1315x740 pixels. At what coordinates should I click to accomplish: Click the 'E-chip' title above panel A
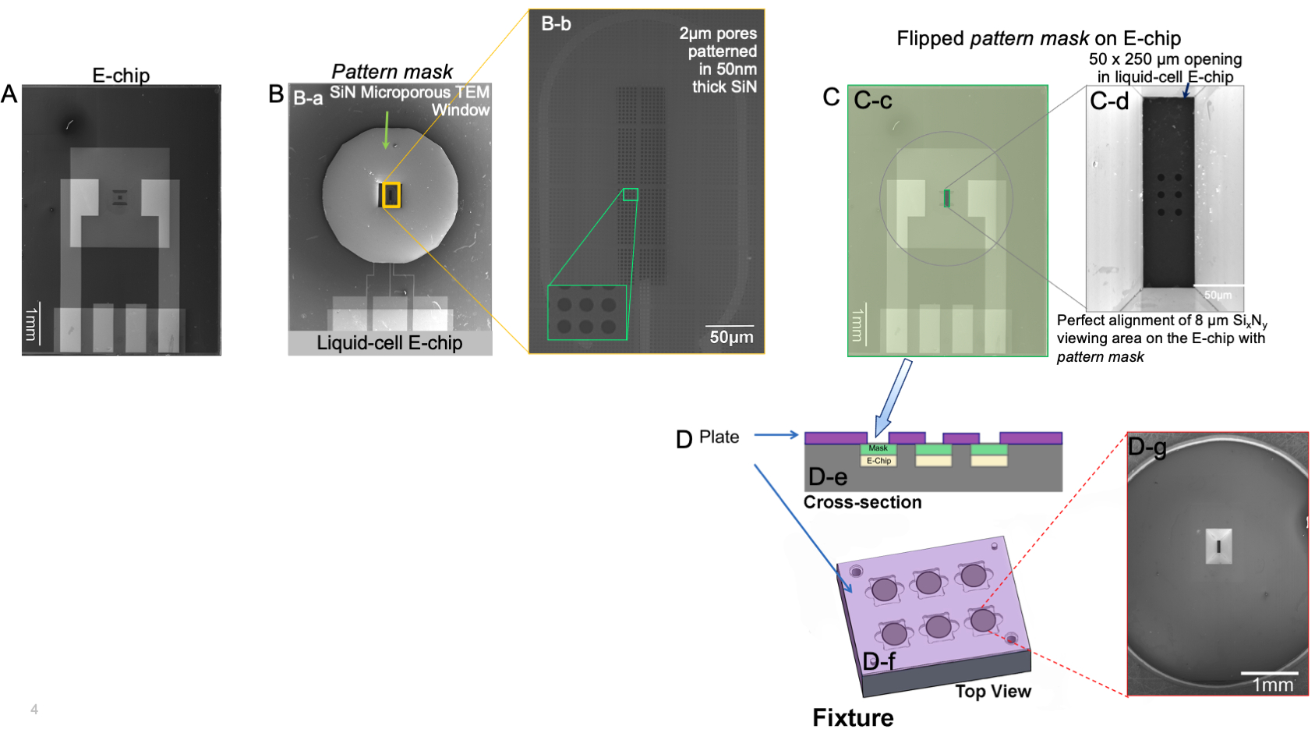click(121, 76)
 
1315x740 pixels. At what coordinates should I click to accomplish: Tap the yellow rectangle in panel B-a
click(391, 195)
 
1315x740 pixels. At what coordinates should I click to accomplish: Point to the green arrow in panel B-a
click(386, 129)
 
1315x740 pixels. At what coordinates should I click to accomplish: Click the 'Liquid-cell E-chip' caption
click(389, 343)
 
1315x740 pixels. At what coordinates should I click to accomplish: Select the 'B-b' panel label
click(556, 24)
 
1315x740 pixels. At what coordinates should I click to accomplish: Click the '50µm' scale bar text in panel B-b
click(731, 338)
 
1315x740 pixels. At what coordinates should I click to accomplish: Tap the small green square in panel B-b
click(630, 194)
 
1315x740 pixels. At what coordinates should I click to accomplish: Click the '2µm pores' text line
click(718, 34)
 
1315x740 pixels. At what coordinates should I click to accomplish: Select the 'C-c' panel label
click(873, 101)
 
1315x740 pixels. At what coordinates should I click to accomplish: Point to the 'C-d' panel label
click(1109, 101)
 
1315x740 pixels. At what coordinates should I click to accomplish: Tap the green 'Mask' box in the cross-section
click(878, 448)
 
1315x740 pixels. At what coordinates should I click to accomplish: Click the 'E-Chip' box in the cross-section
click(878, 461)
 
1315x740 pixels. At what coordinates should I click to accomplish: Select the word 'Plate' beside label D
click(719, 437)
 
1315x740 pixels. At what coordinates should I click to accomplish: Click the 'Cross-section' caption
click(862, 502)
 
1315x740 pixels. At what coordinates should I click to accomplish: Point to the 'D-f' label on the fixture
click(879, 661)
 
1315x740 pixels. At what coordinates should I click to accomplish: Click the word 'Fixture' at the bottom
click(853, 717)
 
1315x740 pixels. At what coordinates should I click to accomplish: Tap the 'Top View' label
click(993, 692)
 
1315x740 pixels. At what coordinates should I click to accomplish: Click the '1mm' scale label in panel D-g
click(1272, 685)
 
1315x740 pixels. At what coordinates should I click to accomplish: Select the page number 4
click(34, 709)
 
